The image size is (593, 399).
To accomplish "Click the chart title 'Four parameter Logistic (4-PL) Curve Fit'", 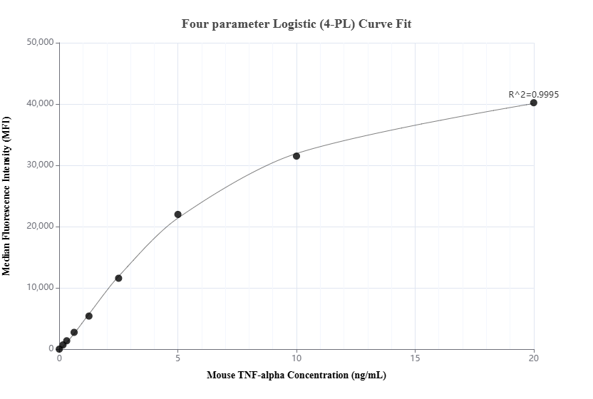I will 296,24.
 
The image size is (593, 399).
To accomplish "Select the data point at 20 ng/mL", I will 534,103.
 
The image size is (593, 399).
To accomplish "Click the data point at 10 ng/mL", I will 296,156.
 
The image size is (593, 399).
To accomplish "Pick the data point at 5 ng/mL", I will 178,214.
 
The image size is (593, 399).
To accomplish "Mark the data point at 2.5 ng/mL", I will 118,278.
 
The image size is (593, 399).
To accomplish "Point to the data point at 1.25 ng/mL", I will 89,316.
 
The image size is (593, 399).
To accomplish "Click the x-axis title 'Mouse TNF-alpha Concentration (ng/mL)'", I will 296,375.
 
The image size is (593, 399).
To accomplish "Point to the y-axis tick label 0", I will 51,349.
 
